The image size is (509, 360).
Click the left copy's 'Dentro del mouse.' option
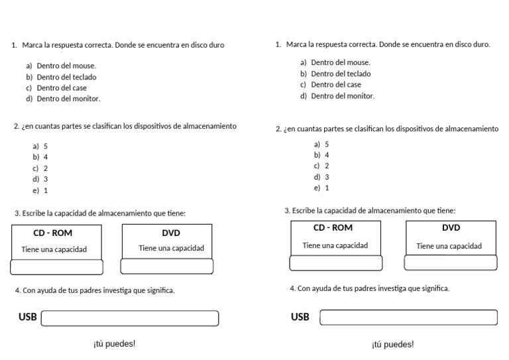tap(66, 66)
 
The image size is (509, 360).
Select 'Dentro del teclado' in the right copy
tap(341, 74)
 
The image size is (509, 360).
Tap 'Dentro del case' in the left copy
tap(62, 88)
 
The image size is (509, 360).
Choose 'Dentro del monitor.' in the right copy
tap(343, 95)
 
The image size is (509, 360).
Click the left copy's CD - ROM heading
tap(53, 233)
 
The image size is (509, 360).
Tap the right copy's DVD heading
tap(451, 227)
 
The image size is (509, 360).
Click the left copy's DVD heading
tap(171, 233)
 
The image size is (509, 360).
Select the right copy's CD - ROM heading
tap(333, 227)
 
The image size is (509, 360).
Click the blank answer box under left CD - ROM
tap(57, 267)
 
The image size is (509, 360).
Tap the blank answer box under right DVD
tap(451, 263)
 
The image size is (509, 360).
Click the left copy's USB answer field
tap(130, 318)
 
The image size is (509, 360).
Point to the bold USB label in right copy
tap(300, 317)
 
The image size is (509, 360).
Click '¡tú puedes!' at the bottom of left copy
tap(114, 344)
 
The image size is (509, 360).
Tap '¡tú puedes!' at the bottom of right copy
tap(392, 344)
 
